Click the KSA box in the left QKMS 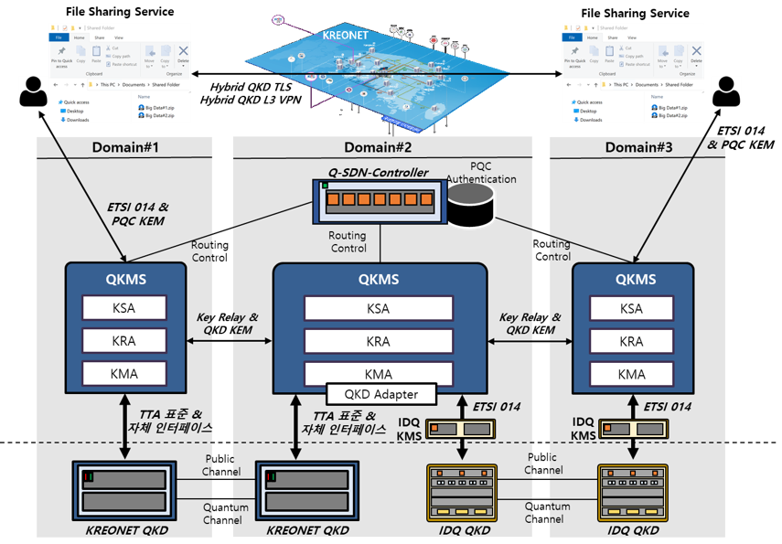pos(124,308)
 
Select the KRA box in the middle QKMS pos(379,341)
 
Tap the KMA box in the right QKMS pos(631,374)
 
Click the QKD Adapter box pos(380,395)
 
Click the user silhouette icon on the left pos(33,91)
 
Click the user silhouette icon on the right pos(726,91)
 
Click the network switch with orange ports pos(379,200)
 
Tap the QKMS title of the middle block pos(379,280)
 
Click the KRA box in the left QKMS pos(124,341)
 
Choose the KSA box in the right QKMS pos(631,308)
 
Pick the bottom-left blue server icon pos(124,491)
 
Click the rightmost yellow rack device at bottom pos(632,493)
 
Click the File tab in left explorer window pos(59,37)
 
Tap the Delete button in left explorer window pos(183,55)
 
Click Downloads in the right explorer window pos(590,120)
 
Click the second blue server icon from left pos(306,491)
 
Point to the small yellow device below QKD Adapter pos(460,428)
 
